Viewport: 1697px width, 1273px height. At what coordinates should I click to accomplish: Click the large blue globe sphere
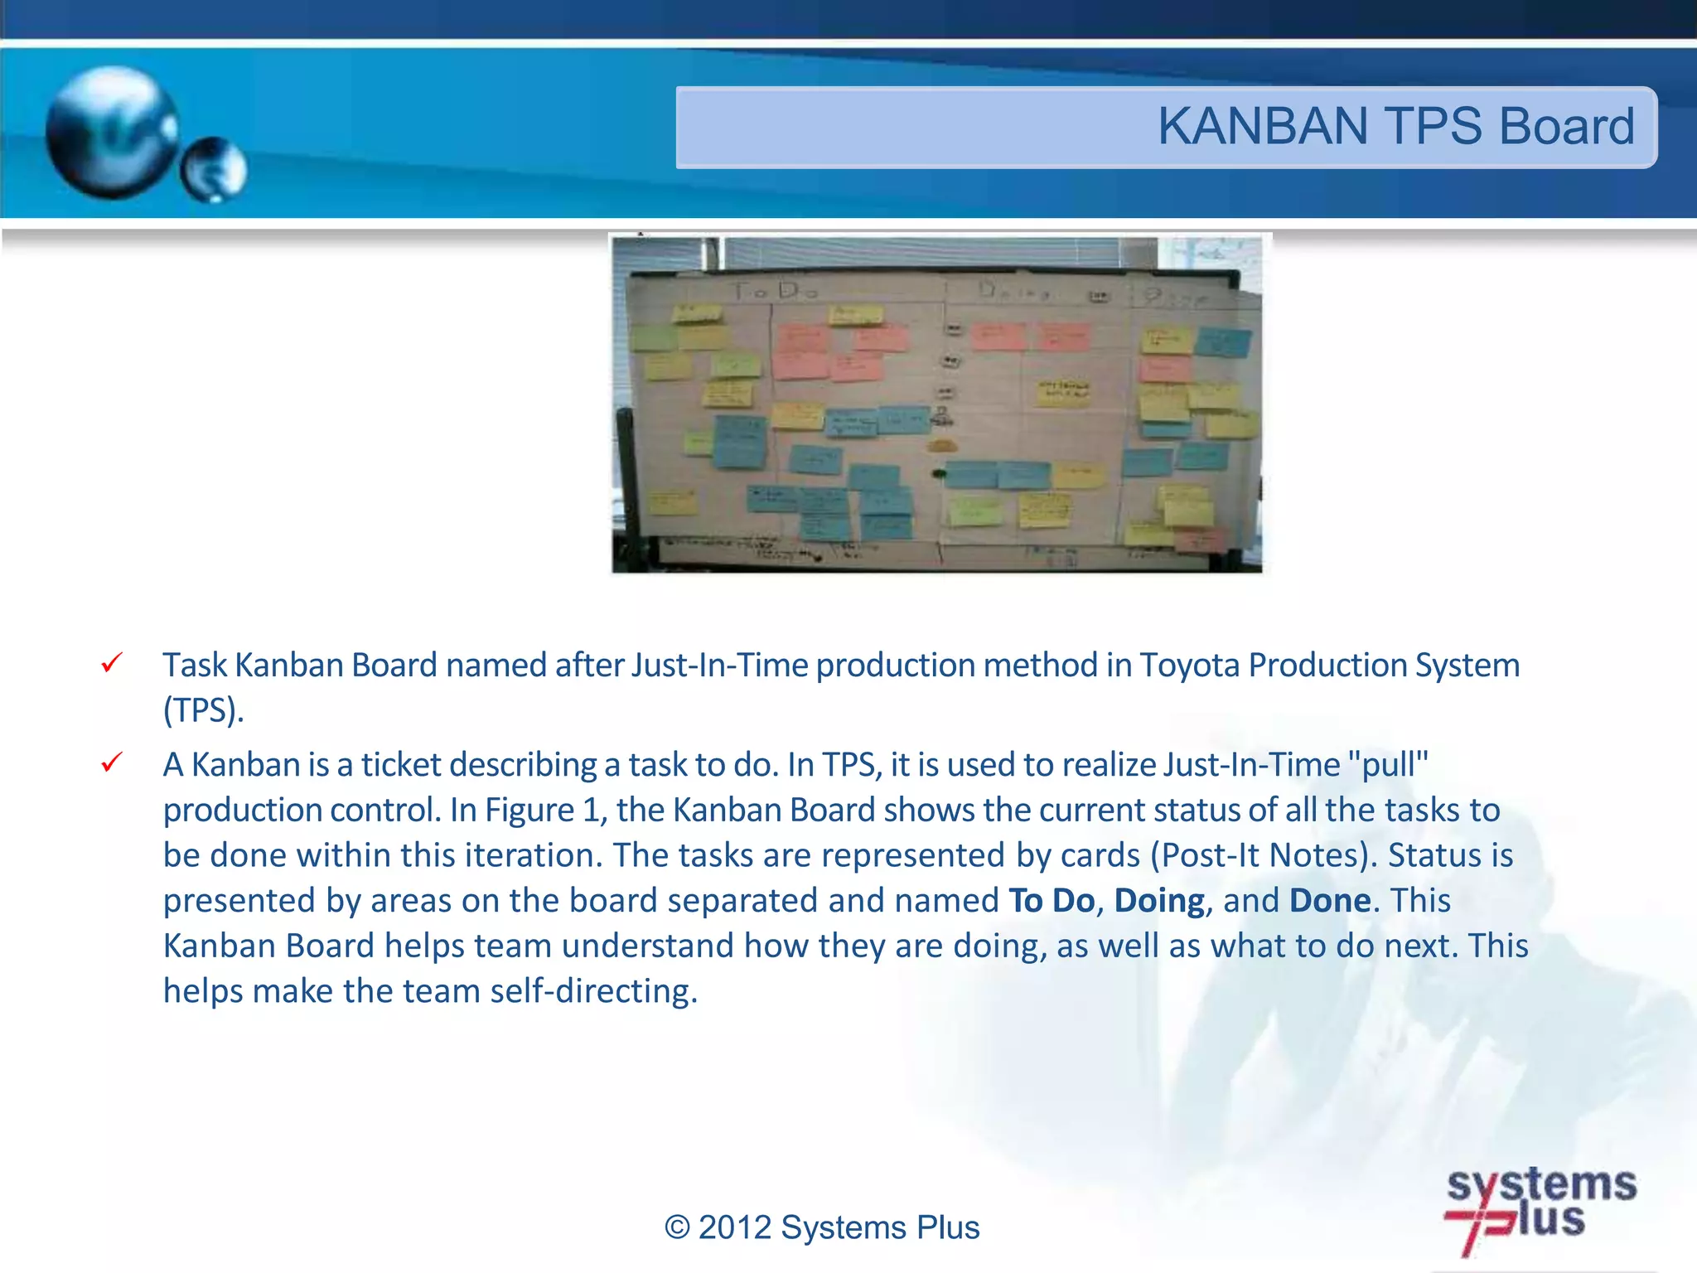coord(112,133)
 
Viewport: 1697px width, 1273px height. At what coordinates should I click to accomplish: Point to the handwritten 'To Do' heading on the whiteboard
coord(776,291)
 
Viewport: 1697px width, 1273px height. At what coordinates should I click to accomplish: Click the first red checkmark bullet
coord(112,663)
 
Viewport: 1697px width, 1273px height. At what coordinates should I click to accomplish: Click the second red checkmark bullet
coord(112,762)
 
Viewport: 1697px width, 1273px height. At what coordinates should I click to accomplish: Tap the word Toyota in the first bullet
coord(1190,666)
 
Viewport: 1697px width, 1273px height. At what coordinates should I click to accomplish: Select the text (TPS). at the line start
coord(203,711)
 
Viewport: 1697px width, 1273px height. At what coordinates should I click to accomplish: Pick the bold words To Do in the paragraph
coord(1051,901)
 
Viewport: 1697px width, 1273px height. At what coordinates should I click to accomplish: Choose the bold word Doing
coord(1158,901)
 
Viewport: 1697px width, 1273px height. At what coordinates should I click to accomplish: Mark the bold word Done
coord(1330,901)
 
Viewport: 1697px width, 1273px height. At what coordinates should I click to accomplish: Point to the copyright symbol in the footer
coord(677,1227)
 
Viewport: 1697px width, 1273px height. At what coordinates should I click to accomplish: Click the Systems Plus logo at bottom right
coord(1540,1208)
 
